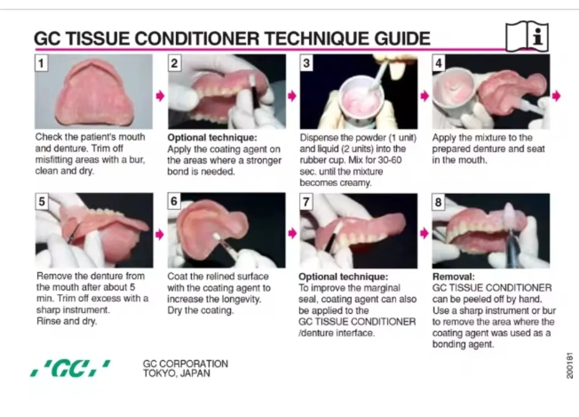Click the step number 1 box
(41, 63)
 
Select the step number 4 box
(439, 63)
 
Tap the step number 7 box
(307, 202)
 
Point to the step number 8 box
(439, 202)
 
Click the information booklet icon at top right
(527, 36)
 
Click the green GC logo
(70, 368)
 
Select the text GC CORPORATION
(185, 364)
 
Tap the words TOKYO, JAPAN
(177, 373)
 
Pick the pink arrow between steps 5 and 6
(160, 235)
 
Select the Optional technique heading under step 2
(212, 138)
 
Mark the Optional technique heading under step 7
(343, 277)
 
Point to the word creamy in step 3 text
(356, 182)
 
